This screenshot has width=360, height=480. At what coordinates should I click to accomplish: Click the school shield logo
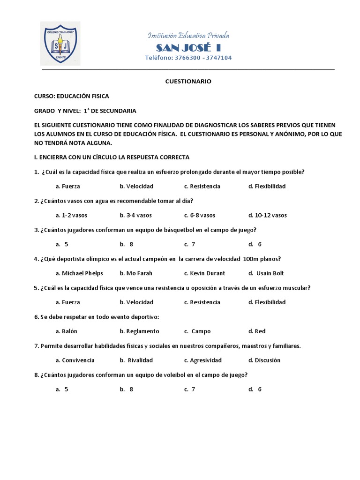60,43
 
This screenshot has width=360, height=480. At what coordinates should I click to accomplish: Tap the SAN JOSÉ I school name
188,48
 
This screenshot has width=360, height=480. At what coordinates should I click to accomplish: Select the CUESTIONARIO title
188,81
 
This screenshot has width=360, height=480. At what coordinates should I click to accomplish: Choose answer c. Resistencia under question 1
202,186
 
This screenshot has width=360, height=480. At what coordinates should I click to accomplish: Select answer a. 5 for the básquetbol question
62,244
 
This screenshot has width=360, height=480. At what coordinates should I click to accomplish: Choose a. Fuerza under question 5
67,302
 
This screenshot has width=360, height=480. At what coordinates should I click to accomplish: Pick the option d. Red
257,331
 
